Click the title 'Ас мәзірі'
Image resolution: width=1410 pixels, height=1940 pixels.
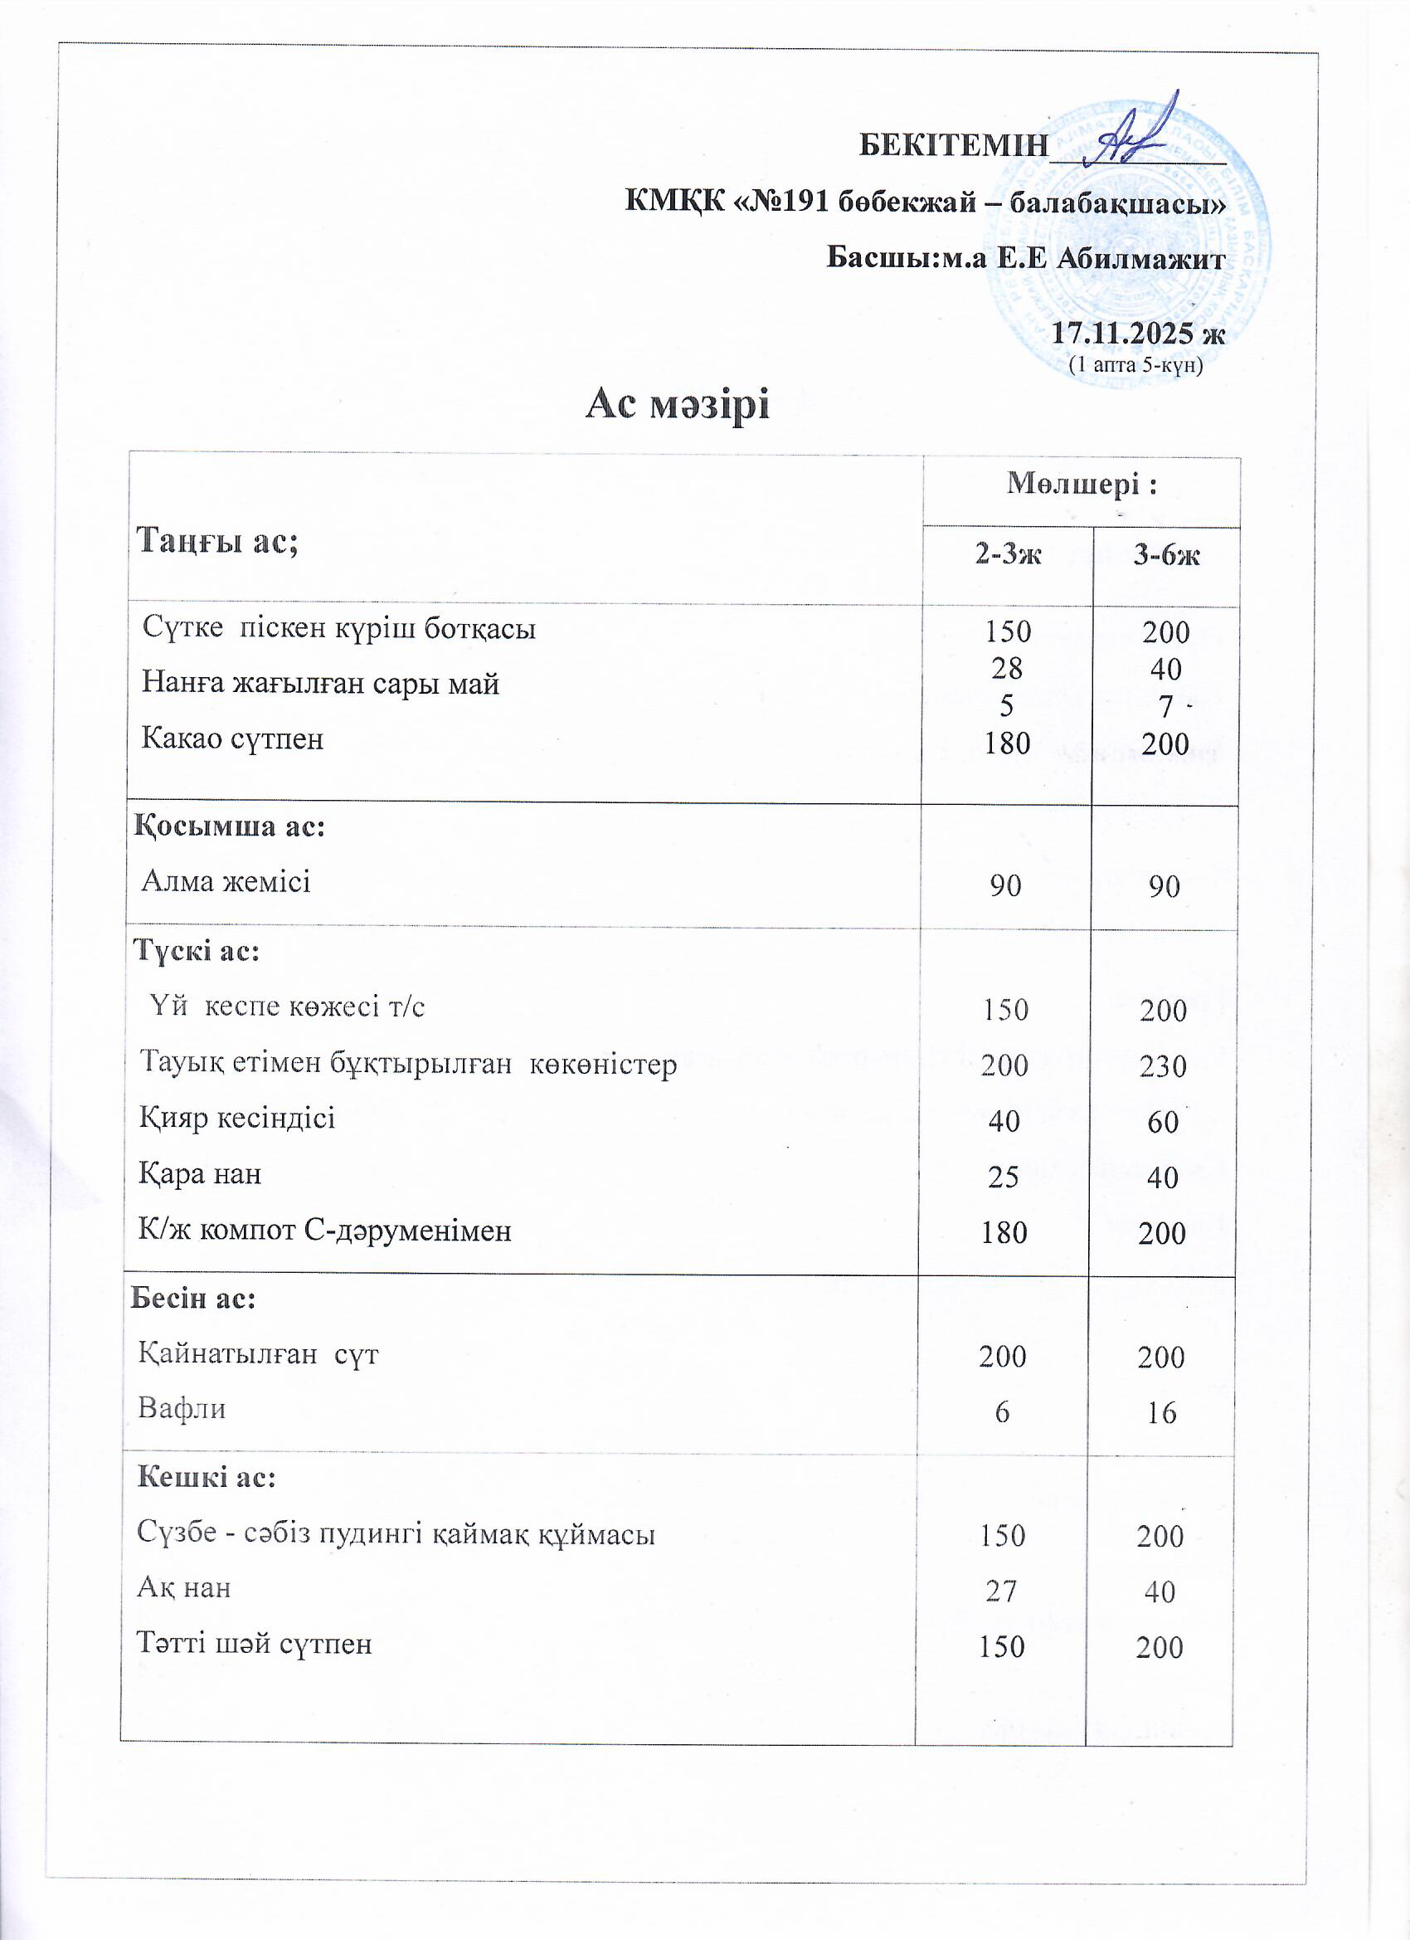point(677,404)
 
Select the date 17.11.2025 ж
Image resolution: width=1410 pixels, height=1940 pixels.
point(1136,333)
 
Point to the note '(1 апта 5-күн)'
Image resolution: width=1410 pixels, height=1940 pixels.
point(1136,365)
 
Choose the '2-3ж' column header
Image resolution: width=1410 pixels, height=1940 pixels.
point(1008,555)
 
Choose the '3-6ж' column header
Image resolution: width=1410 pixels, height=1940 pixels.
point(1166,555)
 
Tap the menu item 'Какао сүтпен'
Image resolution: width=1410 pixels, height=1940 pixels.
point(232,738)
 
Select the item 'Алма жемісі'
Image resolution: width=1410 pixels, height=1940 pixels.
point(226,881)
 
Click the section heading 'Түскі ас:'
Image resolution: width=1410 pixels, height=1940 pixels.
point(197,950)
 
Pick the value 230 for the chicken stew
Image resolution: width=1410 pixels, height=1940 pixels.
point(1163,1065)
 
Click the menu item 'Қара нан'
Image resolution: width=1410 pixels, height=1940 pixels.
point(201,1173)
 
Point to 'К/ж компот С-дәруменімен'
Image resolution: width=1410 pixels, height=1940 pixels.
point(326,1230)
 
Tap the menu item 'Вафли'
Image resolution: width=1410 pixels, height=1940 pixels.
point(182,1408)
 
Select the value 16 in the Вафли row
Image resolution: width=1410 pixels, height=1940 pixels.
point(1161,1412)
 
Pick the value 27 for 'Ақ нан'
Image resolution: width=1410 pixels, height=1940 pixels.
point(1000,1591)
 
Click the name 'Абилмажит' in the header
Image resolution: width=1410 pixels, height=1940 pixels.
point(1141,257)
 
